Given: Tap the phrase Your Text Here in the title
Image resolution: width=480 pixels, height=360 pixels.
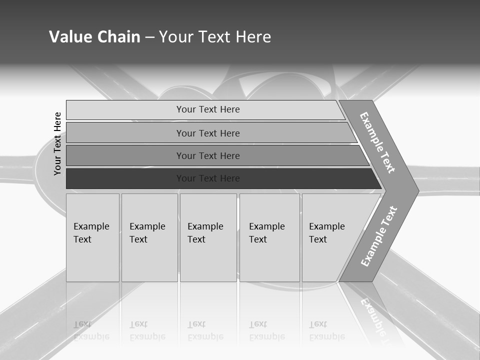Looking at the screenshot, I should pyautogui.click(x=215, y=37).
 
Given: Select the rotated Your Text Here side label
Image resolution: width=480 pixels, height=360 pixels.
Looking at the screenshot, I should pyautogui.click(x=57, y=143).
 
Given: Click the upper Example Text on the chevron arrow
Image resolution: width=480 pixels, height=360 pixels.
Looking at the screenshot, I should pyautogui.click(x=377, y=142).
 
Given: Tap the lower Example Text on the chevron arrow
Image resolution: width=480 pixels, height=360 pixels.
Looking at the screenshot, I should pyautogui.click(x=379, y=236).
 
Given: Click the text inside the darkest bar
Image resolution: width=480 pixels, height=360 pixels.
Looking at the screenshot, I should pyautogui.click(x=208, y=178).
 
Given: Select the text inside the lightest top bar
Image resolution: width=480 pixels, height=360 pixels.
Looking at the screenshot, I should pyautogui.click(x=208, y=109).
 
